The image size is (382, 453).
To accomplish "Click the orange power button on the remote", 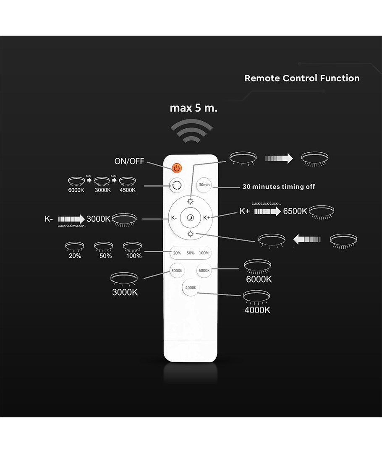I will tap(177, 168).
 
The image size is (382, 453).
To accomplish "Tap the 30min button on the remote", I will tap(204, 185).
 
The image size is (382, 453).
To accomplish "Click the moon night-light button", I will tap(191, 218).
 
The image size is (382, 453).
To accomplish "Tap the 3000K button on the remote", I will tap(177, 271).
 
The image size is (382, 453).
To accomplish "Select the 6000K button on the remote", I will tap(204, 271).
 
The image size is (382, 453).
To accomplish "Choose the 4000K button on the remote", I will tap(191, 287).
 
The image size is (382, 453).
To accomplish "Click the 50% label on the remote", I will tap(191, 253).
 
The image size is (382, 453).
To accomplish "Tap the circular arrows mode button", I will tap(177, 185).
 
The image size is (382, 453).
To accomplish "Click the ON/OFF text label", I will tap(129, 161).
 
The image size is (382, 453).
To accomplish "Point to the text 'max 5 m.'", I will tap(194, 108).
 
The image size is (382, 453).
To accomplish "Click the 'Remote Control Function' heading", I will tap(302, 78).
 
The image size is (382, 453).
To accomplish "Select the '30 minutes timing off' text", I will tap(279, 187).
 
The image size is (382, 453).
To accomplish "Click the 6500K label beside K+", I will tap(295, 211).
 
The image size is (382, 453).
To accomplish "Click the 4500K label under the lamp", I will tap(127, 190).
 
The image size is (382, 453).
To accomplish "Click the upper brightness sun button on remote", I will tap(191, 202).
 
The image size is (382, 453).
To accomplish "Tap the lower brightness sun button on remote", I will tap(191, 233).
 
